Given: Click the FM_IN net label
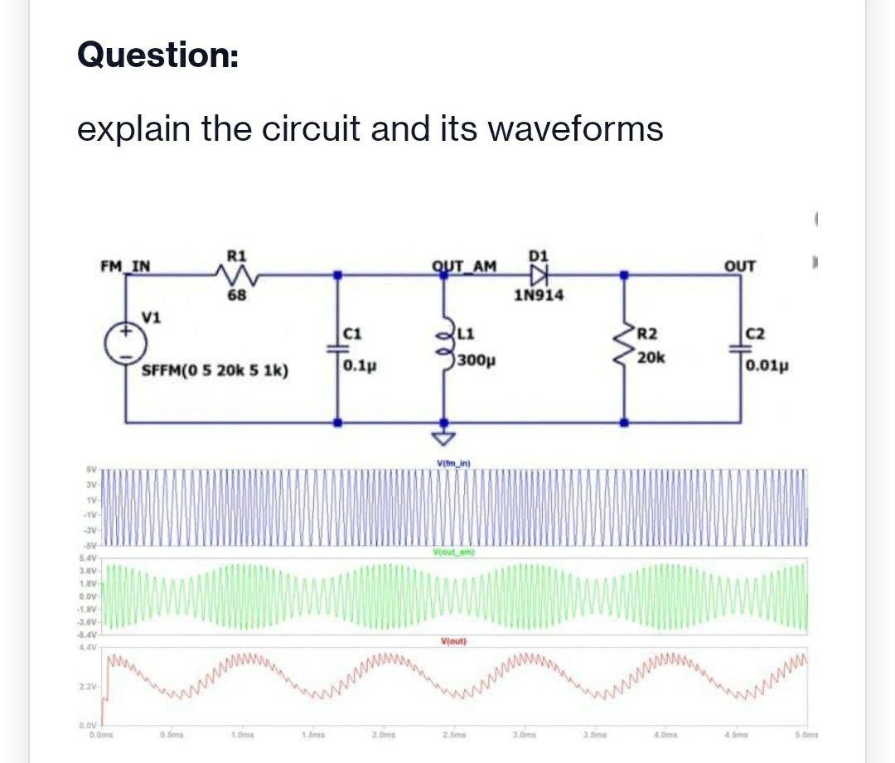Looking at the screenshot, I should coord(125,266).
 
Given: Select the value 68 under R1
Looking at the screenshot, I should coord(235,294).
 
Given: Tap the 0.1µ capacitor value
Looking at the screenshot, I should coord(357,365).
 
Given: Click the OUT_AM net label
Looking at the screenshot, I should coord(464,266).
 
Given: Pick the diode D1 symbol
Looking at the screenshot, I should coord(540,273).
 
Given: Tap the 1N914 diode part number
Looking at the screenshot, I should coord(539,295).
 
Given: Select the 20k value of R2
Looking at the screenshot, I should coord(651,358).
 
